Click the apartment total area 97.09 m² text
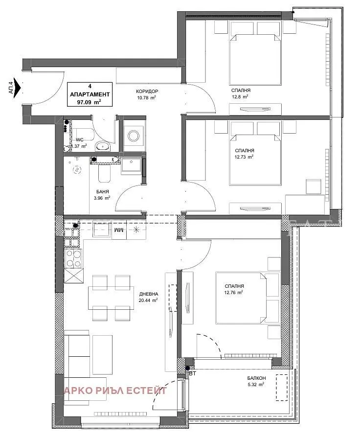point(89,102)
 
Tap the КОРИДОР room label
point(147,92)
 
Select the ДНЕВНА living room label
point(149,294)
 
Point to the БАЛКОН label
point(256,378)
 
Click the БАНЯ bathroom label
point(103,192)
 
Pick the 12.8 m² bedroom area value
point(240,96)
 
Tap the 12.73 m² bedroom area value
point(244,157)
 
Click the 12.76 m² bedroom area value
point(233,293)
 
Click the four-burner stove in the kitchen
point(73,258)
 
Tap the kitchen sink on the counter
point(101,230)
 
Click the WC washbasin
point(103,146)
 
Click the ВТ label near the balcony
point(192,373)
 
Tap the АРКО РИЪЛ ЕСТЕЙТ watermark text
point(115,390)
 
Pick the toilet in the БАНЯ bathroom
point(105,173)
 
